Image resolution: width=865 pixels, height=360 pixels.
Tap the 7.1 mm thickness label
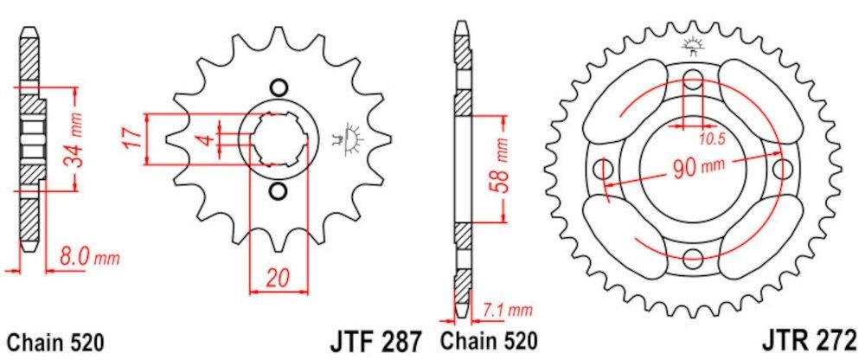pyautogui.click(x=509, y=308)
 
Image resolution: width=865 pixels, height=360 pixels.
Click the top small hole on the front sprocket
pyautogui.click(x=277, y=87)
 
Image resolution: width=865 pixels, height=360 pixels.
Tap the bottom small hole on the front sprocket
pyautogui.click(x=277, y=190)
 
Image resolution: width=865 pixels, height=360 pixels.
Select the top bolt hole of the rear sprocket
pyautogui.click(x=693, y=82)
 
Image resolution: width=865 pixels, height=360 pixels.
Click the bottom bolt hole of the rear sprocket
pyautogui.click(x=693, y=256)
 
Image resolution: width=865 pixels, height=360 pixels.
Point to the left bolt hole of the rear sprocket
pyautogui.click(x=605, y=167)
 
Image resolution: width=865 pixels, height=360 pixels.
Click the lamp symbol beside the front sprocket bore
pyautogui.click(x=352, y=137)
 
